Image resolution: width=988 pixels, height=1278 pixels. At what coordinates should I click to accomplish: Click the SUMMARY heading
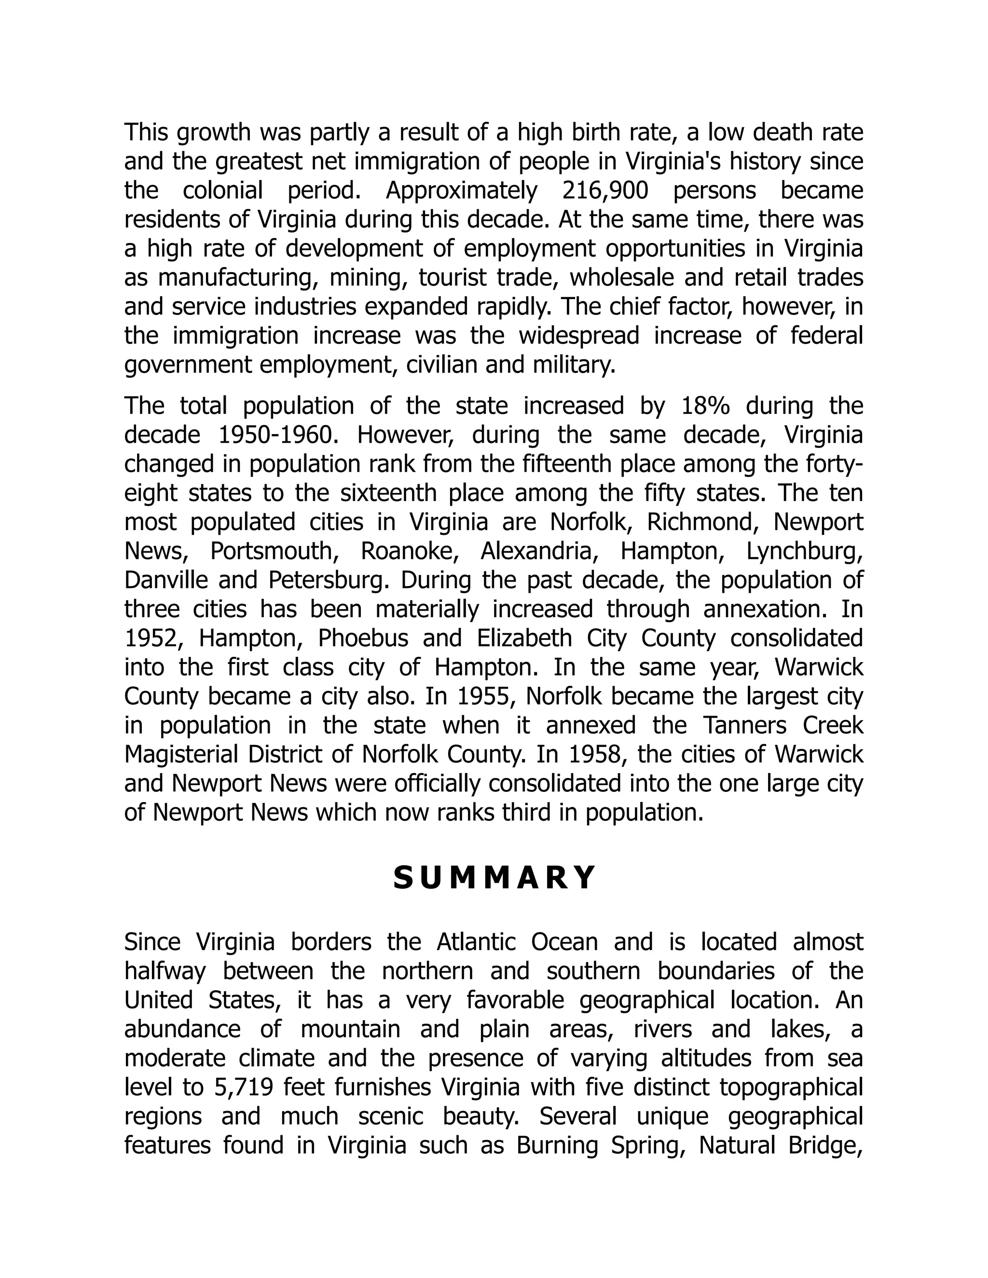click(x=494, y=878)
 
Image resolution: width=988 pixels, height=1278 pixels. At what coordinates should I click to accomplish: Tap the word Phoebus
click(x=363, y=639)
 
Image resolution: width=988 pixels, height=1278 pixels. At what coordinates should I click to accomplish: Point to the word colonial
click(x=222, y=191)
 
